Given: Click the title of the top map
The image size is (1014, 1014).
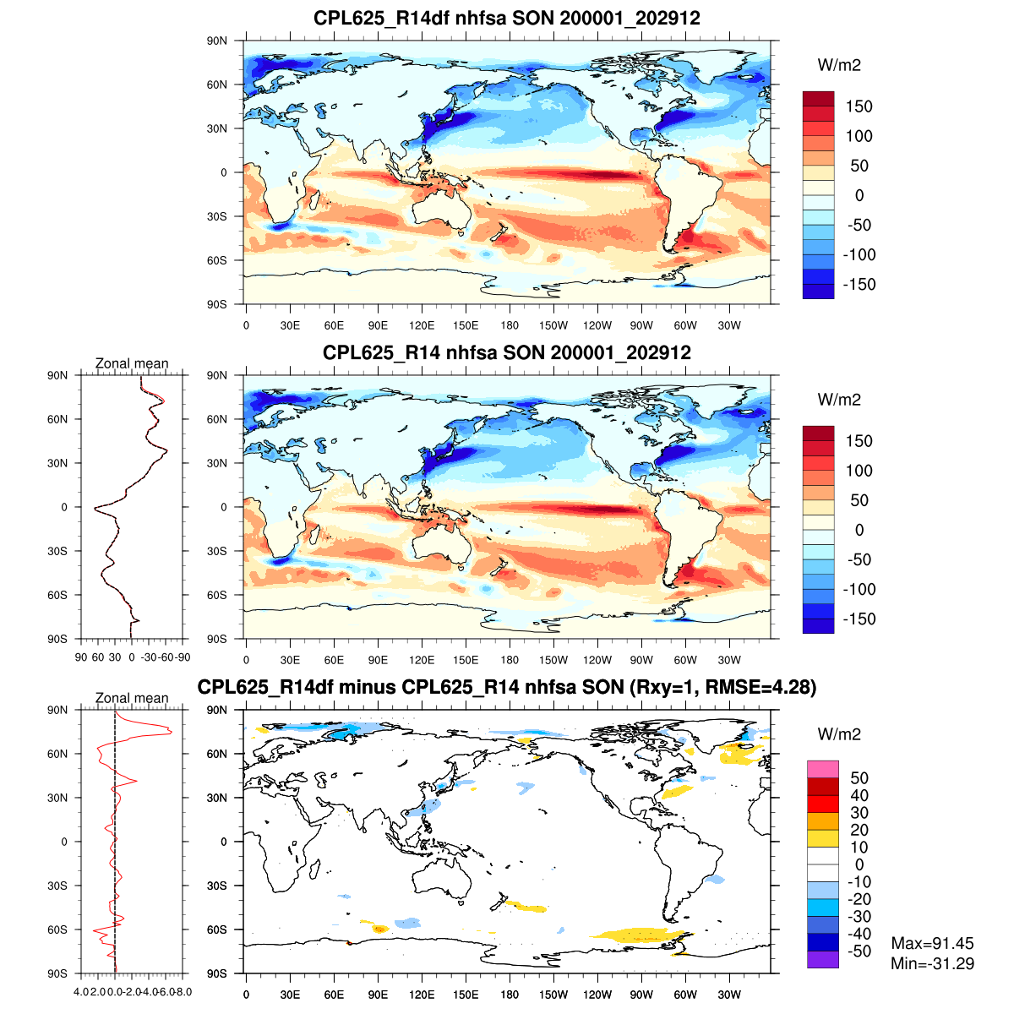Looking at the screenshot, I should click(x=507, y=18).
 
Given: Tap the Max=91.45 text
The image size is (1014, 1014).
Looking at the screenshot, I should click(x=932, y=944).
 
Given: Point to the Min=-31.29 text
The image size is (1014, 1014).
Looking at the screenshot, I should click(x=932, y=963).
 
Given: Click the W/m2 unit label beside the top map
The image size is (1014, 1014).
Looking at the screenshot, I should click(x=839, y=65).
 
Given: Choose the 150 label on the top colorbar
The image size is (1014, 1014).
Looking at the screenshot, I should click(x=859, y=106).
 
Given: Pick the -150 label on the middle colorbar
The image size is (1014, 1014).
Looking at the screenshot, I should click(x=859, y=619).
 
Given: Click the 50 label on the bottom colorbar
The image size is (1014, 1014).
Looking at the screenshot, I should click(x=859, y=778).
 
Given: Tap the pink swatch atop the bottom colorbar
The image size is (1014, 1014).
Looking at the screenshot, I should click(x=823, y=769).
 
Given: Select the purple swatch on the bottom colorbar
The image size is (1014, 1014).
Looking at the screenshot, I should click(x=823, y=959).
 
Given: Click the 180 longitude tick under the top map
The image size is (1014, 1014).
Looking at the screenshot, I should click(x=510, y=325).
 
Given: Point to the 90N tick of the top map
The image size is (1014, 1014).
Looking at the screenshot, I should click(x=217, y=41).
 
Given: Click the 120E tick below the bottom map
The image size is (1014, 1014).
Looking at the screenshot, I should click(x=422, y=995).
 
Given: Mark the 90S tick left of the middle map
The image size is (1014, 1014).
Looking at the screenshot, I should click(x=217, y=639).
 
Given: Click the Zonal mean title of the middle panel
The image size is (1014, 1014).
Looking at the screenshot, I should click(x=132, y=363).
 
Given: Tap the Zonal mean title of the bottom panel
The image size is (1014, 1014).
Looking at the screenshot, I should click(x=132, y=698).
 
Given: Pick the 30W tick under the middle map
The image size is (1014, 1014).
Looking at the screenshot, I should click(x=729, y=660).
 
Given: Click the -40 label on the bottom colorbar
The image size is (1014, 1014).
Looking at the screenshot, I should click(x=859, y=934).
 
